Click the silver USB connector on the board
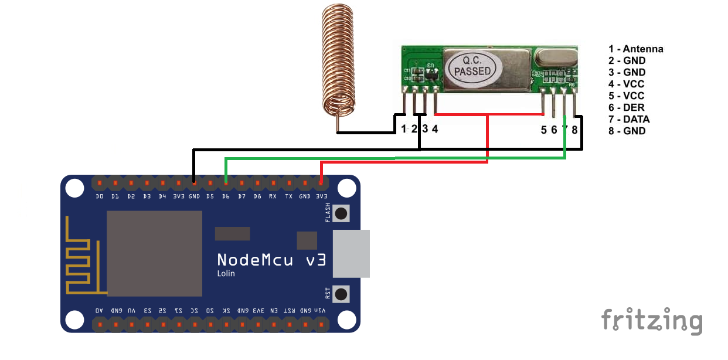click(x=352, y=253)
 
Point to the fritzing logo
click(x=651, y=321)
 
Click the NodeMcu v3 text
click(x=271, y=260)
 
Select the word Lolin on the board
click(x=226, y=274)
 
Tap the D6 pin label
click(x=226, y=196)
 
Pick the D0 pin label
click(x=100, y=196)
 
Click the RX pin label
click(x=273, y=196)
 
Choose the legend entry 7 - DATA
click(x=629, y=119)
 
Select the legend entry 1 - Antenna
click(x=635, y=49)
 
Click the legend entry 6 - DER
click(x=626, y=107)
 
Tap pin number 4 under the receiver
click(x=435, y=130)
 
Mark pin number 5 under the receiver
click(x=544, y=130)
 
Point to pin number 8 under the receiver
click(x=575, y=130)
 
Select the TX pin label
click(x=289, y=196)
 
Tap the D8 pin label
click(x=257, y=196)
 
